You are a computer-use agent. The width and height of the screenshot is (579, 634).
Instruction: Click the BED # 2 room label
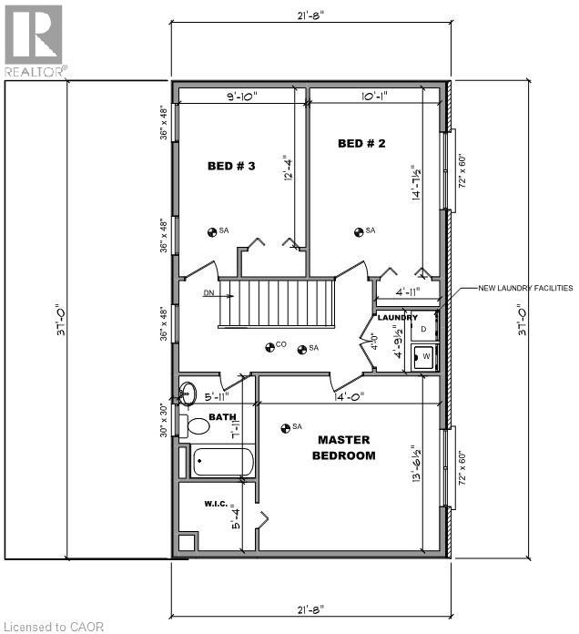click(361, 143)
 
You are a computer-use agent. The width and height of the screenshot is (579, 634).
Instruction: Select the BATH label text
click(222, 417)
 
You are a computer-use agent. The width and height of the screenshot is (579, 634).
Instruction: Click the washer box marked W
click(425, 355)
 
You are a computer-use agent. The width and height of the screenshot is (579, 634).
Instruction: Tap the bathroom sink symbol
click(188, 394)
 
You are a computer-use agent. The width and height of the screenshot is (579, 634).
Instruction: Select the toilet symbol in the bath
click(195, 425)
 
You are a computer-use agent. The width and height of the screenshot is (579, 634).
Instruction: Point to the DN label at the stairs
click(209, 293)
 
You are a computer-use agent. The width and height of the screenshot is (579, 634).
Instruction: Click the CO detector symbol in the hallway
click(270, 346)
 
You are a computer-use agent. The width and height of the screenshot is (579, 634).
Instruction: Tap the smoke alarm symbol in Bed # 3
click(211, 231)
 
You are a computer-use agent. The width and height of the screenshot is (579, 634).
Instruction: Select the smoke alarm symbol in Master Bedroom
click(286, 426)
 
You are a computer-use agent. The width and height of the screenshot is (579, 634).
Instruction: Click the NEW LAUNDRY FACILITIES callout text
click(526, 288)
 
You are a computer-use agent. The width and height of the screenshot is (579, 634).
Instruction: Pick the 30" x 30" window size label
click(165, 420)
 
